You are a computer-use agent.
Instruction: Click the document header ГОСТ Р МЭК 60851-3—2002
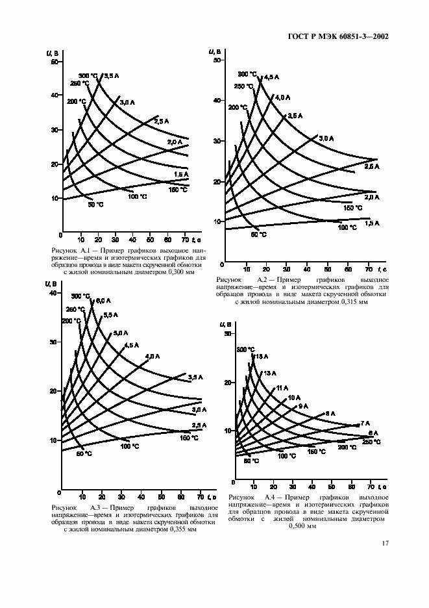pos(337,36)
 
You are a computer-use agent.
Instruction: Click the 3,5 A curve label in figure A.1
pos(111,76)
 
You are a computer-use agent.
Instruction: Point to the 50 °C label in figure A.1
pos(95,205)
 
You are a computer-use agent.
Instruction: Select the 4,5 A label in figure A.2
pos(271,77)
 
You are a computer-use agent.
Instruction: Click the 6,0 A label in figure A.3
pos(103,300)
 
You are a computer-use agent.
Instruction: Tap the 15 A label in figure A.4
pos(262,357)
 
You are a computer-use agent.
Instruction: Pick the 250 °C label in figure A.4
pos(371,442)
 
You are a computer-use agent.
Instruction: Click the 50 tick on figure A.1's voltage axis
pos(54,62)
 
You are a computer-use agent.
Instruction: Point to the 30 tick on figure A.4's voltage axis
pos(227,334)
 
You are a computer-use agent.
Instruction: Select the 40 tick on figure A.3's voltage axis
pos(54,294)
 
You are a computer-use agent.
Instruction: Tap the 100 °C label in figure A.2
pos(348,227)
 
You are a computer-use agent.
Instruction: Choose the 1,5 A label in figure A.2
pos(372,223)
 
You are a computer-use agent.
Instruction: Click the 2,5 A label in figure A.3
pos(199,425)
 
